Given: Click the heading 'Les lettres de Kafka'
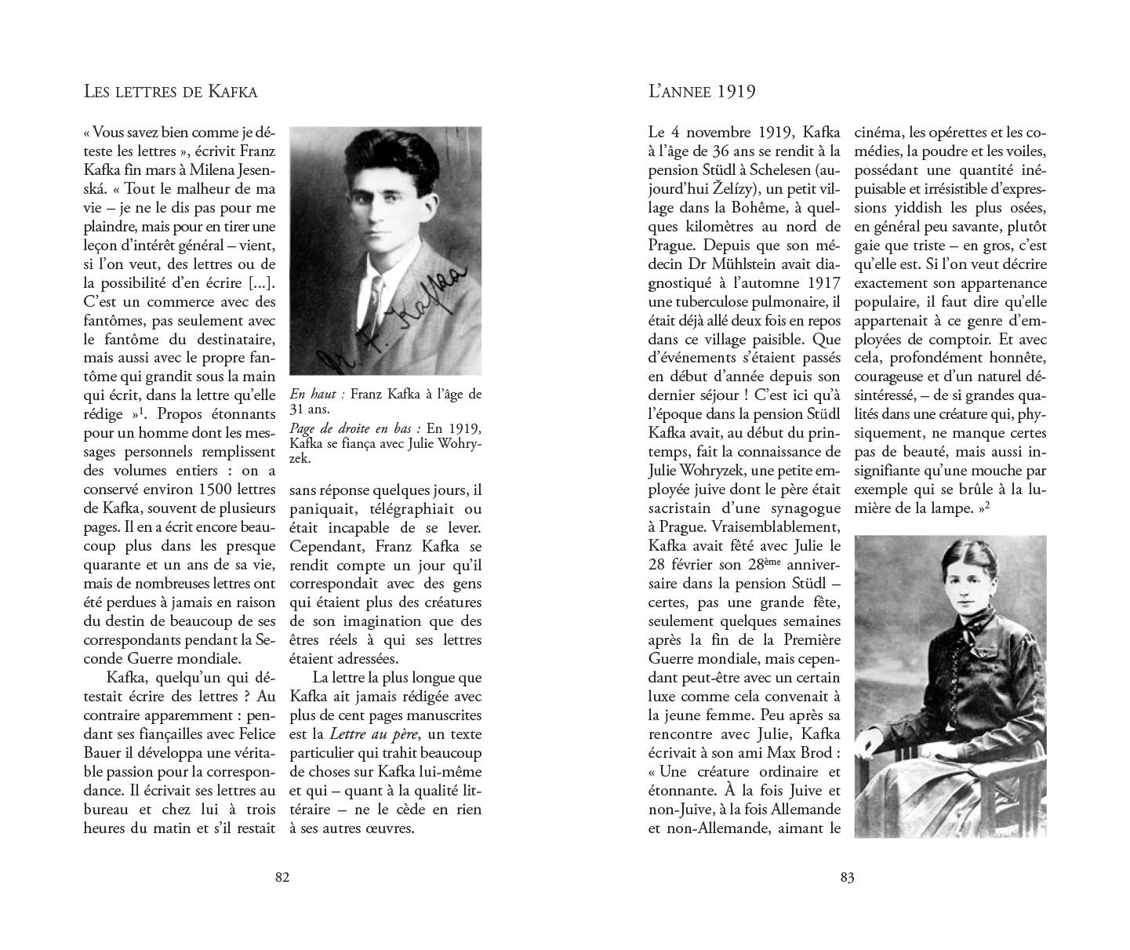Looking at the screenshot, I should pos(170,92).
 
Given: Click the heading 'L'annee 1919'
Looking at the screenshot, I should pos(702,92).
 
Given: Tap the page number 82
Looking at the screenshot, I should pos(283,878).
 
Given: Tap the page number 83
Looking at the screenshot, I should pos(847,878).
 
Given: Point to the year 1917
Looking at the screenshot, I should pos(822,282).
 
